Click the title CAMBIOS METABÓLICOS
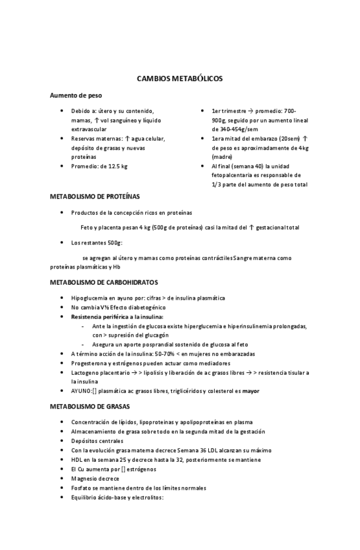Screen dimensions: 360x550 point(180,78)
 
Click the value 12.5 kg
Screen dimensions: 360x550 point(116,166)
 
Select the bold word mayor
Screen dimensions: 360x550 point(250,391)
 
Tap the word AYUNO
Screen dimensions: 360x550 point(82,391)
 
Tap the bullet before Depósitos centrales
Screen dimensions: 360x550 point(62,441)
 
